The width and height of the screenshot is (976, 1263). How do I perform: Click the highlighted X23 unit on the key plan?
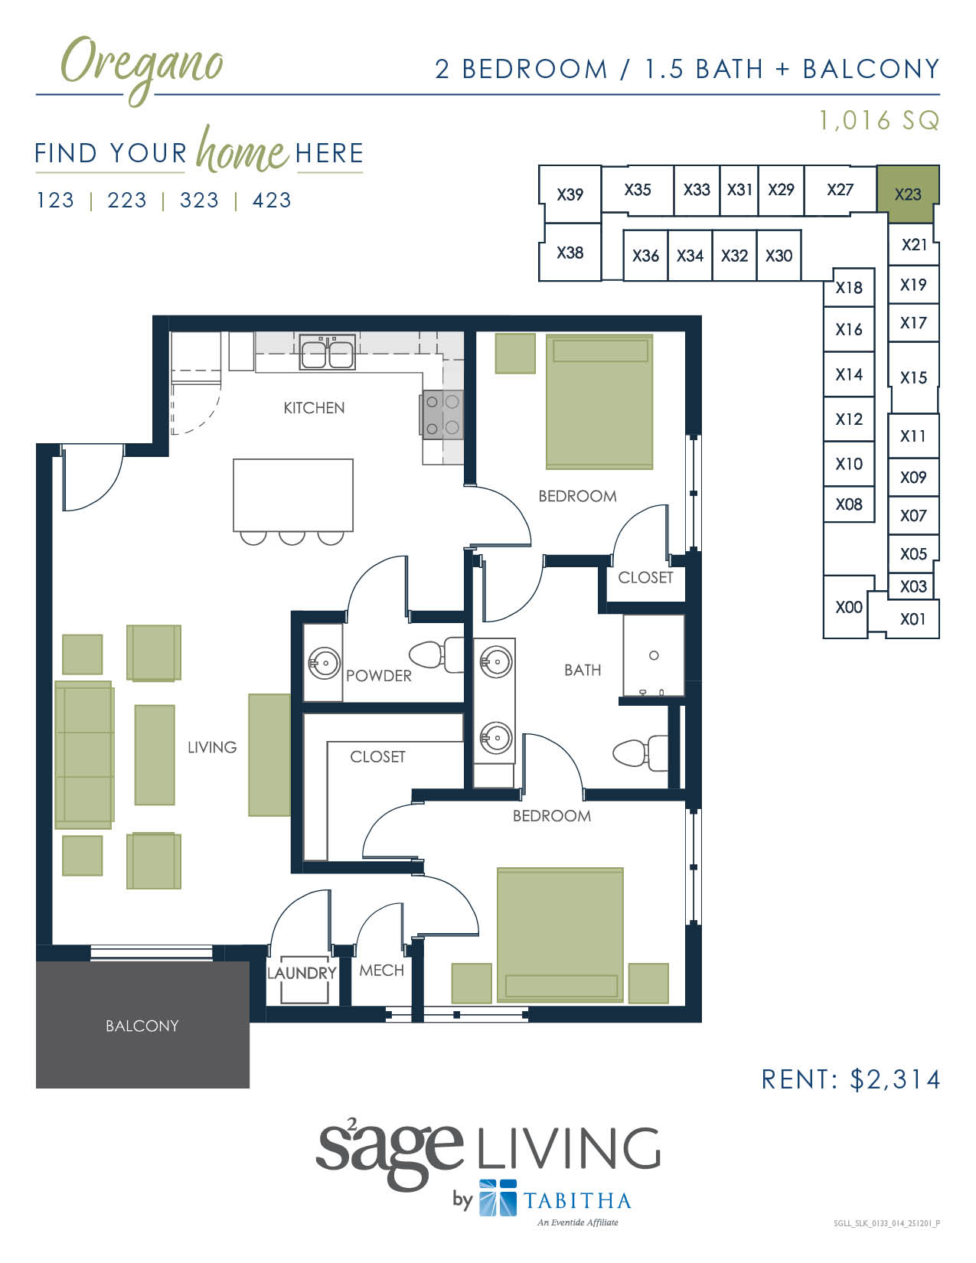(907, 194)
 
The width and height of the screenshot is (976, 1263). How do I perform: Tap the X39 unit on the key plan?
(570, 194)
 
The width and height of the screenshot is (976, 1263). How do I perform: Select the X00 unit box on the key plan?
(848, 607)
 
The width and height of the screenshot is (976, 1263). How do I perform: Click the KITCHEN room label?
(314, 408)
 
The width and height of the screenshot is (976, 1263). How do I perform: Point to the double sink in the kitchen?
(327, 354)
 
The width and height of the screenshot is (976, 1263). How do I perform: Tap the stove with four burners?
(442, 414)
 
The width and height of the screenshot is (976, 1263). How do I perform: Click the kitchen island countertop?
(292, 494)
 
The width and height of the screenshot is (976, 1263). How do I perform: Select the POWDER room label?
(378, 676)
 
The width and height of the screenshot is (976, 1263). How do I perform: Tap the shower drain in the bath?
(654, 655)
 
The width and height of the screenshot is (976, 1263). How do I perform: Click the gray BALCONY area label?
(142, 1026)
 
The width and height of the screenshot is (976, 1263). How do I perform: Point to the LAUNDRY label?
(302, 973)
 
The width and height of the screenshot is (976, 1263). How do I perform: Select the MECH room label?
(381, 970)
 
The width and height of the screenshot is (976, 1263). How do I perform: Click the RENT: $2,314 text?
(850, 1079)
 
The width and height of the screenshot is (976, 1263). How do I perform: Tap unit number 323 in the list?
(199, 201)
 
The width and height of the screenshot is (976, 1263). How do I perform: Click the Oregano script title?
(142, 65)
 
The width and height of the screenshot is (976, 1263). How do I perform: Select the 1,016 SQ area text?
(879, 120)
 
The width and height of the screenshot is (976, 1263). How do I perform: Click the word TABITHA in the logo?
(577, 1200)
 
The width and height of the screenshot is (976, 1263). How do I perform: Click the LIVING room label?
(212, 747)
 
